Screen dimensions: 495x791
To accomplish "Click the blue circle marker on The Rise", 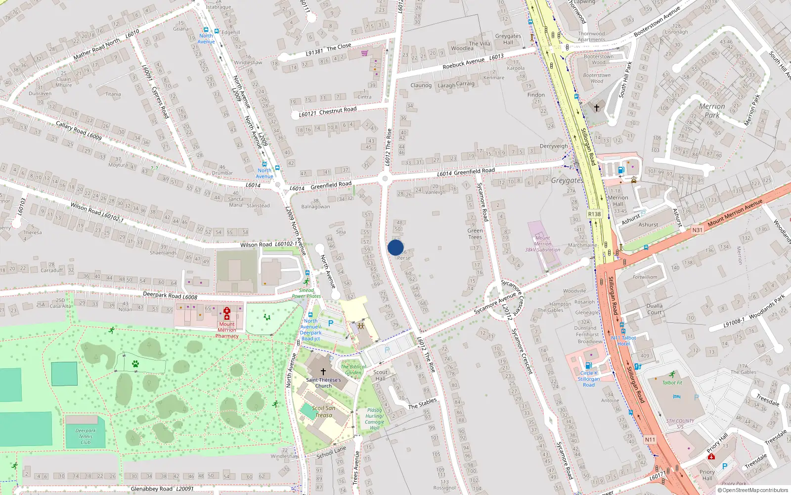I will tap(395, 247).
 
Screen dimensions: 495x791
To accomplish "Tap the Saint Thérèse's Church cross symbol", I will tap(323, 371).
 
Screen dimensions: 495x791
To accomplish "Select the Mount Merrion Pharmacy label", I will tap(227, 330).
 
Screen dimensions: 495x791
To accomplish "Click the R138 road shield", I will tap(594, 214).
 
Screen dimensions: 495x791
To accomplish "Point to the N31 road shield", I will tap(697, 230).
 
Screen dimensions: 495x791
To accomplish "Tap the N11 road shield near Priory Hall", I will tap(650, 440).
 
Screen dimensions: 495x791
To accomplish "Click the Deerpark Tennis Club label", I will tap(86, 436).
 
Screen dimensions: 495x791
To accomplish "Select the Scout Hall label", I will tap(380, 375).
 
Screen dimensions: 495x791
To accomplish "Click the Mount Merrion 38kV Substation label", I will tap(542, 244).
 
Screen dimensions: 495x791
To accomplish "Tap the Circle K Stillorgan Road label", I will tap(589, 379).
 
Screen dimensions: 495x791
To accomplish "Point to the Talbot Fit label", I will tap(672, 383).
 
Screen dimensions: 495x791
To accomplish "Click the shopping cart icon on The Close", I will tap(365, 53).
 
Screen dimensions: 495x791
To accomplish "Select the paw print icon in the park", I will tap(135, 364).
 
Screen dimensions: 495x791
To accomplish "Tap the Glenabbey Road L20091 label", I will tap(162, 489).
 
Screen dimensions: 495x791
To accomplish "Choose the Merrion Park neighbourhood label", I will tap(712, 110).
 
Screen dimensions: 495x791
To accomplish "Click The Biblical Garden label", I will tap(353, 369).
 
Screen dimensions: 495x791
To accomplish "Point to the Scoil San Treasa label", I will tap(323, 411).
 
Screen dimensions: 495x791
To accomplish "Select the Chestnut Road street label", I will tap(338, 110).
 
